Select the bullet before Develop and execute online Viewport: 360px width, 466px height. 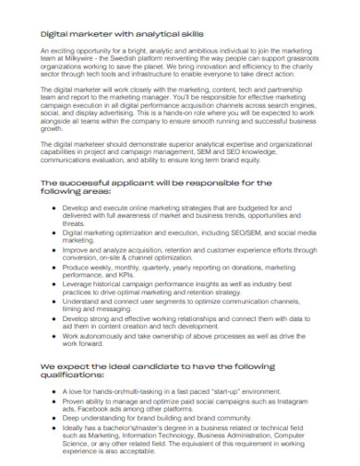pyautogui.click(x=56, y=209)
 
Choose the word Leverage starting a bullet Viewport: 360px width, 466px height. pyautogui.click(x=78, y=284)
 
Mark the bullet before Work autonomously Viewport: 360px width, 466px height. pyautogui.click(x=56, y=335)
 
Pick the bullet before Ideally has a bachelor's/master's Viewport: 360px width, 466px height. pyautogui.click(x=56, y=427)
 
